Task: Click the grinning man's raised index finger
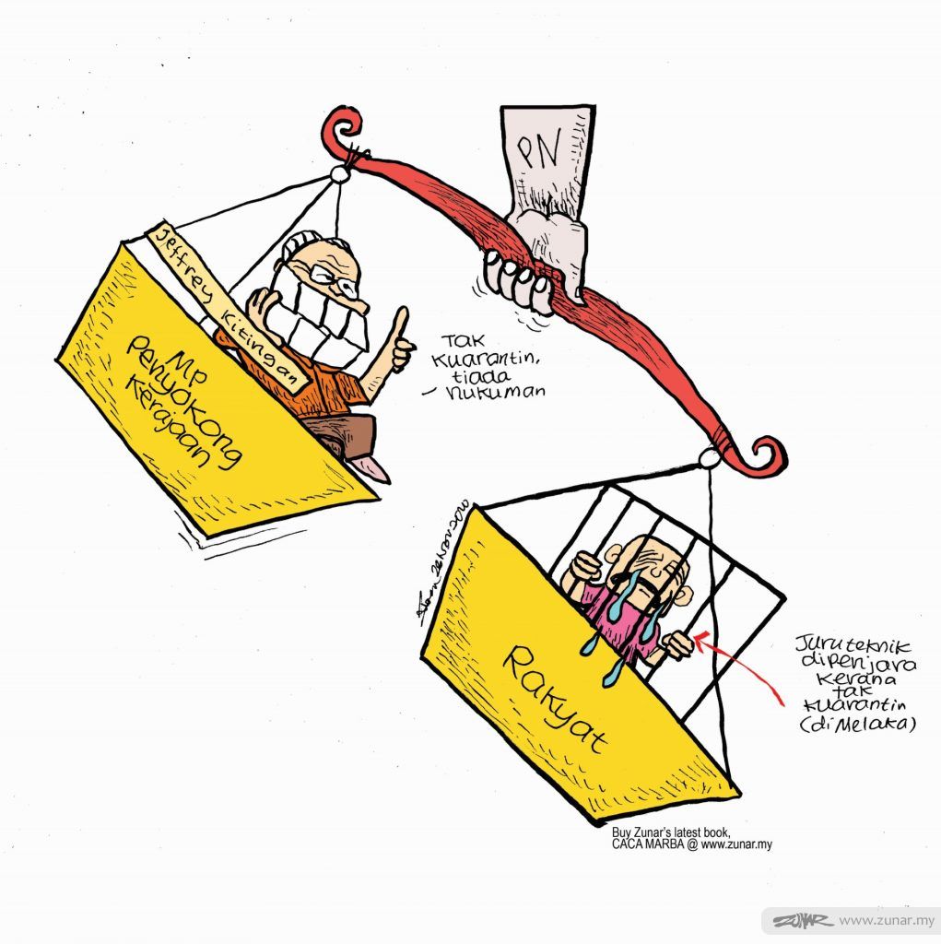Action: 402,323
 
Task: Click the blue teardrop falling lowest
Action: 611,677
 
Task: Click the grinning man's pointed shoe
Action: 375,467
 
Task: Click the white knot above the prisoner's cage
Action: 709,457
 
